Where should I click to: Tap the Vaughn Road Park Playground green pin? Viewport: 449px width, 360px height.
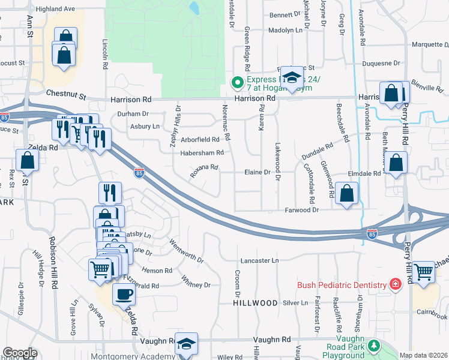coord(375,346)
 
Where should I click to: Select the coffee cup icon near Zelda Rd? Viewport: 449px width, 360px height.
coord(124,295)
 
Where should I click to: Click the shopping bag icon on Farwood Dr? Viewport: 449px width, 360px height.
coord(346,193)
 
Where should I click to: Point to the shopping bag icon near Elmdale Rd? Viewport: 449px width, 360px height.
coord(396,163)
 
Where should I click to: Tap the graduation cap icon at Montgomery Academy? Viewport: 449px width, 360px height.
coord(186,344)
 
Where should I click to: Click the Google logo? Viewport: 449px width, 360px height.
coord(20,353)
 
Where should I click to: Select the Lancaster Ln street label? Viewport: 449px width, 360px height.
coord(260,260)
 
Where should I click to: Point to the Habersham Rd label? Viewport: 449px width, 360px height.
coord(202,153)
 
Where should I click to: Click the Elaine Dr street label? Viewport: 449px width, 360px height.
coord(258,172)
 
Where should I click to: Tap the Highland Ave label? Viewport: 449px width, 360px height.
coord(55,9)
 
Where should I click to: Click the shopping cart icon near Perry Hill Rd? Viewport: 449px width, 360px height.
coord(424,272)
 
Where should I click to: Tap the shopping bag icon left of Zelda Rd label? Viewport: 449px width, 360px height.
coord(28,160)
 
